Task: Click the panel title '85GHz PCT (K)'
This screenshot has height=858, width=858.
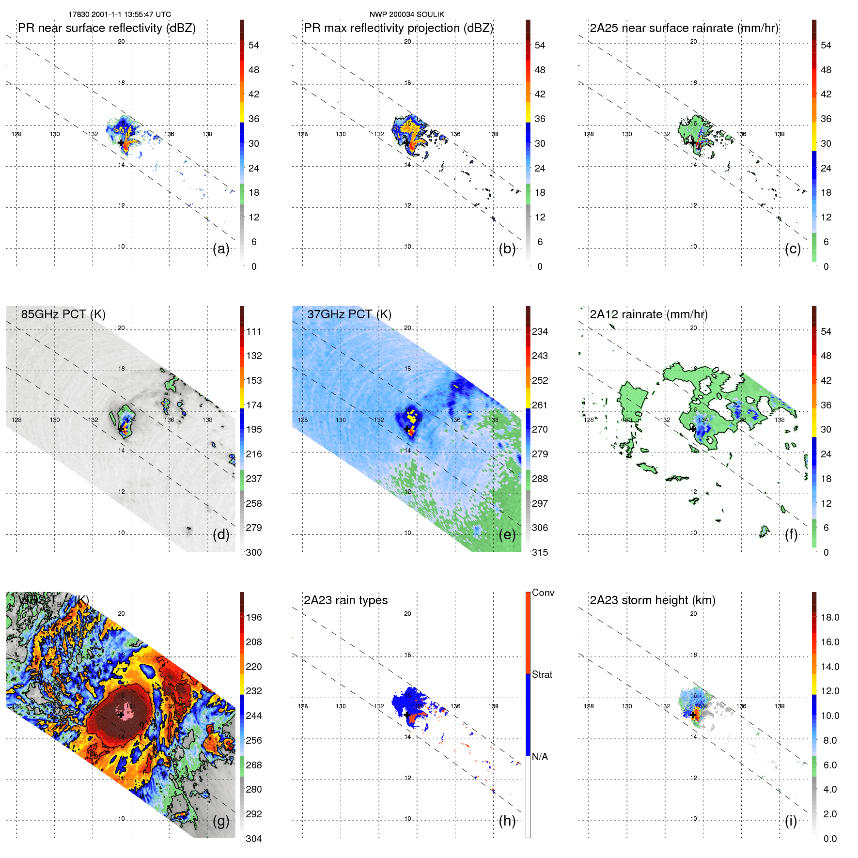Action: (x=63, y=314)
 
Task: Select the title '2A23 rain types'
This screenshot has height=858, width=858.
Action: (x=345, y=600)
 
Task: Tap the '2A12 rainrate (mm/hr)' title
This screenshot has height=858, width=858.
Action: (x=648, y=314)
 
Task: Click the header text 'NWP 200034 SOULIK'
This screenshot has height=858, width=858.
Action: (x=406, y=15)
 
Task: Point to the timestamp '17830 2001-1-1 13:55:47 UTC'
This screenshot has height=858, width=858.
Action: (x=120, y=15)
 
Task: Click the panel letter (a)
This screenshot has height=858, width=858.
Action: (x=221, y=249)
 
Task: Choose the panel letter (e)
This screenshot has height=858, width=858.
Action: (x=507, y=535)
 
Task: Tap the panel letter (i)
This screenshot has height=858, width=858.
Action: (x=791, y=821)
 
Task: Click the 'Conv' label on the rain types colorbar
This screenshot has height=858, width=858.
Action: (x=543, y=593)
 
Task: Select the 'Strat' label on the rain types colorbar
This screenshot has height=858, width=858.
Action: (x=542, y=674)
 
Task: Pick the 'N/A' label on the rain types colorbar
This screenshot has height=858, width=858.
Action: (x=540, y=757)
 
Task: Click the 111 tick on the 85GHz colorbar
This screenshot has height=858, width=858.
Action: (x=254, y=331)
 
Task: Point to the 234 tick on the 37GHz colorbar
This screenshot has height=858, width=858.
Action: (x=540, y=331)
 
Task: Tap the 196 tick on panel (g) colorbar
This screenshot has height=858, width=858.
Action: (x=254, y=617)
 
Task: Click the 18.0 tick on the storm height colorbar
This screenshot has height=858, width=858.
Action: (x=830, y=617)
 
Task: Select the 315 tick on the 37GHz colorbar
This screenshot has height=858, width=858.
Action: (x=540, y=552)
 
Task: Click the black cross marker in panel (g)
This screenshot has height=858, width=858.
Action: (x=121, y=715)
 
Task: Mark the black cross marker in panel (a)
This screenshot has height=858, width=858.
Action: (x=121, y=142)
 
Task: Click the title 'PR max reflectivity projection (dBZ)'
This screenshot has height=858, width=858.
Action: (x=398, y=28)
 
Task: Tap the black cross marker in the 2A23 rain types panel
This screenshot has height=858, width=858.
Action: (x=406, y=715)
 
